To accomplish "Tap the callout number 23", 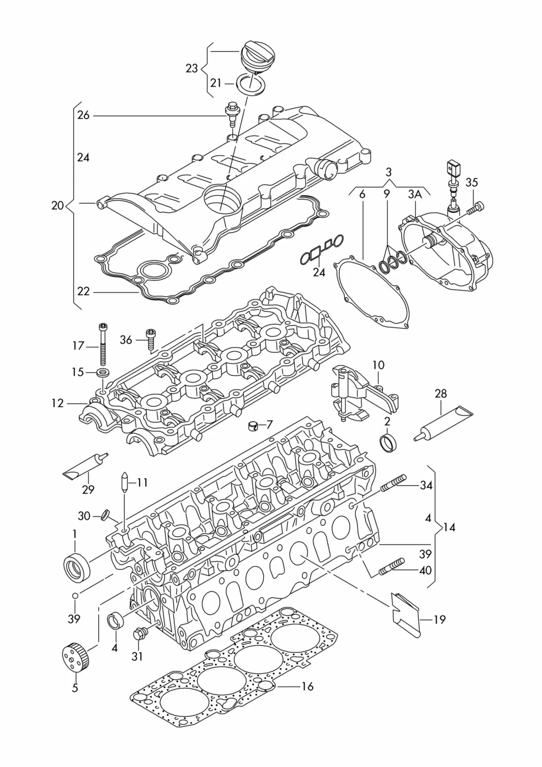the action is (192, 68).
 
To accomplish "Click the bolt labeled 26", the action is (232, 114).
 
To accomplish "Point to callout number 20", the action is (58, 206).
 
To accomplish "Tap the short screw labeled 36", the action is (150, 339).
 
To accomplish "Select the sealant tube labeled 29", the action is (85, 465).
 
